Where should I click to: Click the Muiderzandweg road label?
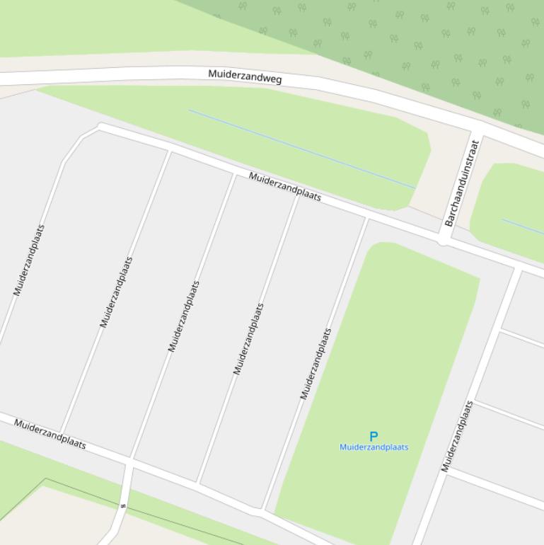click(x=245, y=76)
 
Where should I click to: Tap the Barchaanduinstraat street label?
click(x=462, y=183)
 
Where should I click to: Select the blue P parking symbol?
click(x=374, y=437)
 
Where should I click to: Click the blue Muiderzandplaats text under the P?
click(x=374, y=447)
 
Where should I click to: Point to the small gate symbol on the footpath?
click(x=123, y=506)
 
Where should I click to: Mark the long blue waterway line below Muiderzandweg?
click(x=301, y=149)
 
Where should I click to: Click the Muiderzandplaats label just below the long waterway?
click(x=285, y=186)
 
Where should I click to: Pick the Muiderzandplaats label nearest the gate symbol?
click(x=50, y=434)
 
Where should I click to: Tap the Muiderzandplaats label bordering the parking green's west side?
click(x=316, y=364)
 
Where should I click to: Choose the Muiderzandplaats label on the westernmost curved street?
click(x=29, y=260)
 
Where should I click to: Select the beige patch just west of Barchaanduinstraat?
click(x=442, y=184)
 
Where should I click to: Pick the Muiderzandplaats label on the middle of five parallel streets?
click(x=183, y=316)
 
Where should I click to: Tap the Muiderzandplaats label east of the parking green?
click(x=457, y=436)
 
